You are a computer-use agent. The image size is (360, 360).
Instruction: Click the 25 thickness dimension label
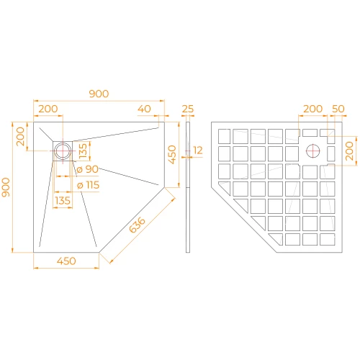(188, 109)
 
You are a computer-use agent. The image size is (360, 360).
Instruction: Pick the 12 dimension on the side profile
(199, 150)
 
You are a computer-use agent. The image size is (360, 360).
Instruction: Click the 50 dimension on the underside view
(338, 109)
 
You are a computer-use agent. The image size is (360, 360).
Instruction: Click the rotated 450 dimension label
(172, 154)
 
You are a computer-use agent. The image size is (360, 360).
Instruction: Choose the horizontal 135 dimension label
(63, 201)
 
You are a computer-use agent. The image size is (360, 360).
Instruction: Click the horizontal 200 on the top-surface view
(48, 109)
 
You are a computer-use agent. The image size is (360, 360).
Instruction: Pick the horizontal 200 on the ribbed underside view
(312, 109)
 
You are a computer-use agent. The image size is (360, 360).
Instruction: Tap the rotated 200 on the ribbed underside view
(349, 150)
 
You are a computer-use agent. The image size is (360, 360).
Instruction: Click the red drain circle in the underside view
(313, 151)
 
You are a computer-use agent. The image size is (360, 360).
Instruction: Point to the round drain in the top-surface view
(63, 151)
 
